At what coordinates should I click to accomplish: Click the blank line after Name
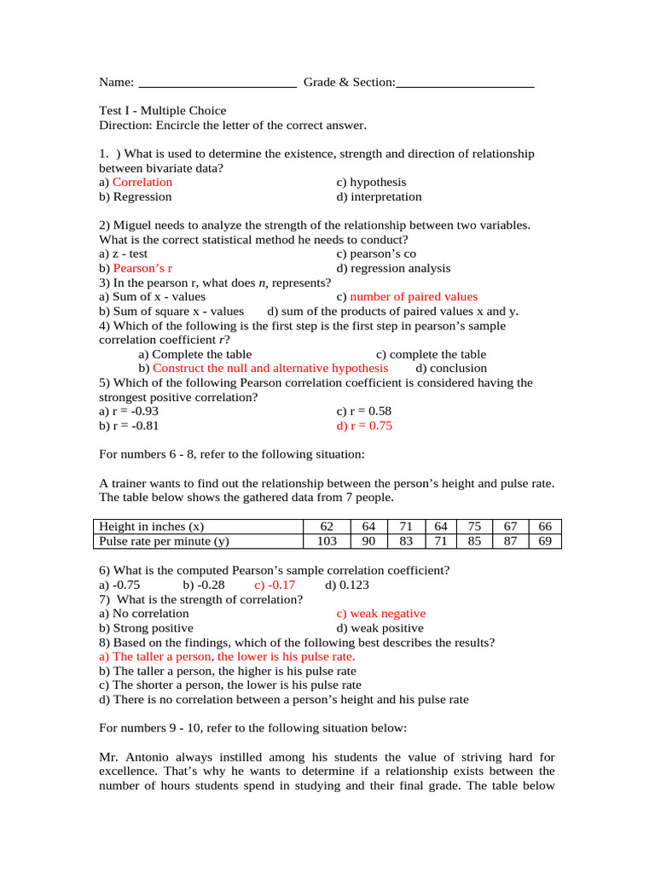click(217, 84)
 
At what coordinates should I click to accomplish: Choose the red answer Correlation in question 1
click(142, 182)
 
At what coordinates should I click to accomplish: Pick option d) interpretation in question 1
click(379, 196)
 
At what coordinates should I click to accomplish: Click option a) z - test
click(123, 253)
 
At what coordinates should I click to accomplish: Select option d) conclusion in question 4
click(451, 369)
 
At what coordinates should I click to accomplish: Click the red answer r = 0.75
click(364, 426)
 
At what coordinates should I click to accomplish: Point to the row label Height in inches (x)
click(152, 526)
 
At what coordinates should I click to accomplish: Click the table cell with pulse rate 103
click(327, 541)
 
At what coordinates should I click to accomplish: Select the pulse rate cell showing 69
click(546, 541)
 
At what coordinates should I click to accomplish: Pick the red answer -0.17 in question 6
click(275, 585)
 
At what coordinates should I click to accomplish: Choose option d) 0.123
click(347, 585)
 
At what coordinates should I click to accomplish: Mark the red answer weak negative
click(380, 614)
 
